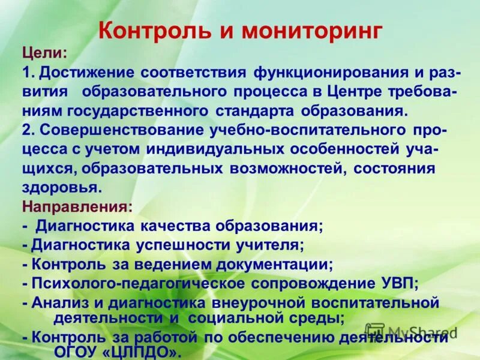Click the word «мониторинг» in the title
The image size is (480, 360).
[312, 31]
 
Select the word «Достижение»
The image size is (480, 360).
[85, 72]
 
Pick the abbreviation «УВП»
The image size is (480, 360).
[397, 283]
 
